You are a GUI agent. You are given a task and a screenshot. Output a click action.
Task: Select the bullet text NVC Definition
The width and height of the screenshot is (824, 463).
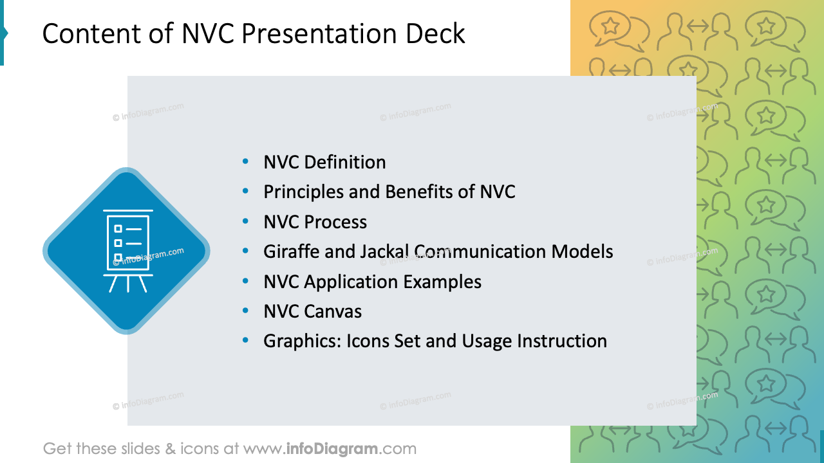coord(324,162)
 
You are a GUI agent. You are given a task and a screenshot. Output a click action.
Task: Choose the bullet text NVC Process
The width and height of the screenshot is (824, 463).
coord(315,222)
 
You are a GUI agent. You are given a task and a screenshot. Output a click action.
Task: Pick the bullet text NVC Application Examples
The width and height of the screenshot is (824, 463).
coord(372,282)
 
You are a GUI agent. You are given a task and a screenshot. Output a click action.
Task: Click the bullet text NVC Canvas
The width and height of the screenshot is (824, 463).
coord(312,311)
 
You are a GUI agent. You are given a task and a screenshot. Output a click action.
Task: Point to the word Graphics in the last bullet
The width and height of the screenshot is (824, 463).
coord(302,341)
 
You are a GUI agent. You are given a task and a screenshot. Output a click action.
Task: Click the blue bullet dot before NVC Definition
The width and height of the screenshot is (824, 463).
coord(246,162)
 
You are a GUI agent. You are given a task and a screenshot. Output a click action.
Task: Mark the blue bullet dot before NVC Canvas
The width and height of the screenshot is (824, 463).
coord(246,311)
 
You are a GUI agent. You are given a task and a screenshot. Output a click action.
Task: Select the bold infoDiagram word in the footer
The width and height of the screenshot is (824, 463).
coord(331,448)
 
